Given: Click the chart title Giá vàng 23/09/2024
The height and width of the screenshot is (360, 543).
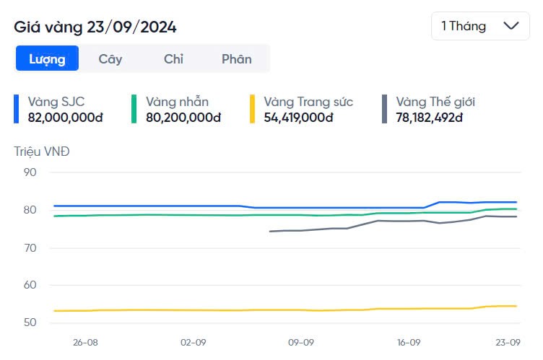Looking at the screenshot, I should pos(95,27).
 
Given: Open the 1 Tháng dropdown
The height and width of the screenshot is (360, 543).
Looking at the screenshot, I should pos(479,26).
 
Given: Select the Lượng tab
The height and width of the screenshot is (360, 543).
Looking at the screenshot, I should pos(47,59).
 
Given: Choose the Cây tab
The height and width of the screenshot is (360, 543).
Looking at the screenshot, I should pos(110,59).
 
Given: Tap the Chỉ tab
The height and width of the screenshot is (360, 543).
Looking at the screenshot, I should pos(173,59).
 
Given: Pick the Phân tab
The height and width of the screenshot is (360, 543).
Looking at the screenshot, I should pos(237,59).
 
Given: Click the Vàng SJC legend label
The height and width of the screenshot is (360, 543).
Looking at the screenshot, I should pos(56,102).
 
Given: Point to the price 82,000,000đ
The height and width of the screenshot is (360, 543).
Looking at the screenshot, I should pos(65,117).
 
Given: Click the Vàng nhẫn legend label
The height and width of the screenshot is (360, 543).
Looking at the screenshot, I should pos(177,102).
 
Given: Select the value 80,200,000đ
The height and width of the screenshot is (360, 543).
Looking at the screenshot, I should pos(183,117).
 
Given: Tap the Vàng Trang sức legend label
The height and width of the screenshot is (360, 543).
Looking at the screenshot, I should pos(308,102).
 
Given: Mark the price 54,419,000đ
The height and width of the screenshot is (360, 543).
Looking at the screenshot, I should pos(298,117).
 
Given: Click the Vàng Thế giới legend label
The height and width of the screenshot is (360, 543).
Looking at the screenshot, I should pos(435,102).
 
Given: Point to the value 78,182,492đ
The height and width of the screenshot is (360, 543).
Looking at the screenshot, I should pos(429,117).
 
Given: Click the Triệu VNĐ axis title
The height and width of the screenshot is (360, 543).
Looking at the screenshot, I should pos(43,152).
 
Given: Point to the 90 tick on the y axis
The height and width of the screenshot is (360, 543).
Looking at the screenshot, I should pos(30,172).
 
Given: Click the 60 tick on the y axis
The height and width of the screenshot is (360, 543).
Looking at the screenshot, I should pos(30,285).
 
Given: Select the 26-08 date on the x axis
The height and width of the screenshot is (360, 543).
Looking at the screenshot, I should pos(85,343).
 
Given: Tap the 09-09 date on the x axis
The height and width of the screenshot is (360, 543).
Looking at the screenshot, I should pos(300,343).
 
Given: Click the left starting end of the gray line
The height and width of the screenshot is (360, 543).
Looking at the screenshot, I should pos(270,232).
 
